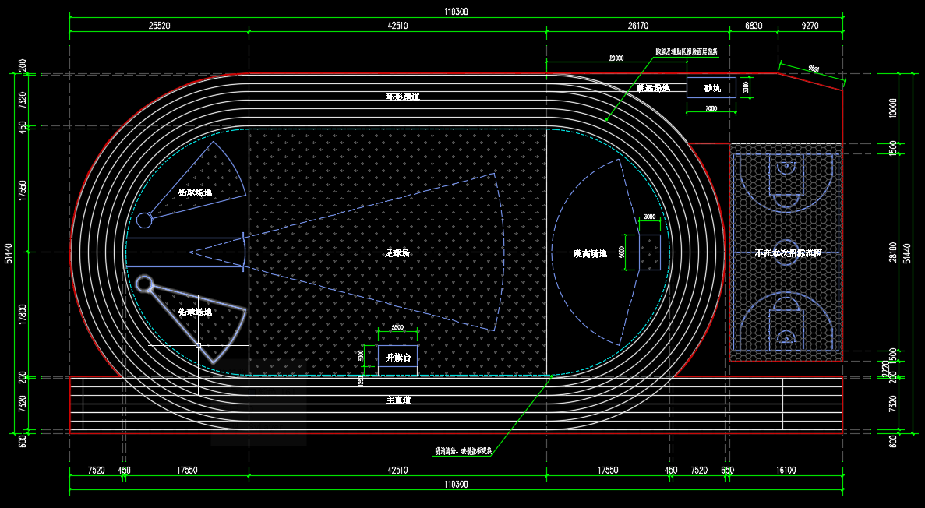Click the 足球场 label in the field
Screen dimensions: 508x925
click(397, 253)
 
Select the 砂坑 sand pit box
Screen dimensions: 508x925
click(711, 88)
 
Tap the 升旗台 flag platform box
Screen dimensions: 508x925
click(397, 358)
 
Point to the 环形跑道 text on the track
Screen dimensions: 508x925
click(402, 97)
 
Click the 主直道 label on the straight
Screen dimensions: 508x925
click(398, 400)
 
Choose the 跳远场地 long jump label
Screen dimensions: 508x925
click(653, 88)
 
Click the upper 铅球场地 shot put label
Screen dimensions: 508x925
click(195, 192)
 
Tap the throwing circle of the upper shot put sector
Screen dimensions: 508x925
click(144, 220)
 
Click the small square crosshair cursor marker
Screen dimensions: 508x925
click(198, 344)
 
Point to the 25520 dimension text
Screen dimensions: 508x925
click(160, 26)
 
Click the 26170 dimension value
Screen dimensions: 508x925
click(637, 26)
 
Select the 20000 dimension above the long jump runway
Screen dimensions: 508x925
click(616, 58)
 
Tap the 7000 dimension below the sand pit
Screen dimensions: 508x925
click(711, 109)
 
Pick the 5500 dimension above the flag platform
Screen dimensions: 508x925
click(397, 328)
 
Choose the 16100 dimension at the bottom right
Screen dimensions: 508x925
click(786, 470)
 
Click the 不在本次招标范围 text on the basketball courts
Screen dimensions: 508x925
click(787, 253)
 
